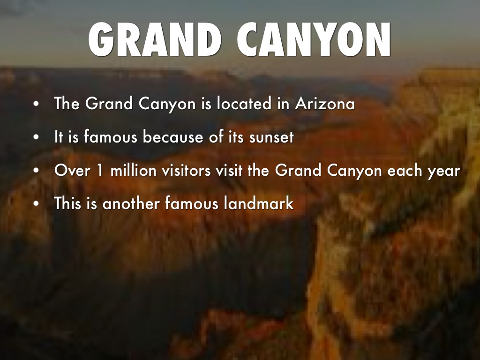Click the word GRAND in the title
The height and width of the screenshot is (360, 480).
[x=155, y=40]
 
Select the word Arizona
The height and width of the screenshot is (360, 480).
[x=325, y=104]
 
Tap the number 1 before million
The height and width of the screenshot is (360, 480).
[x=99, y=171]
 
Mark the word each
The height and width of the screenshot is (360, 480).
[x=404, y=171]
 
